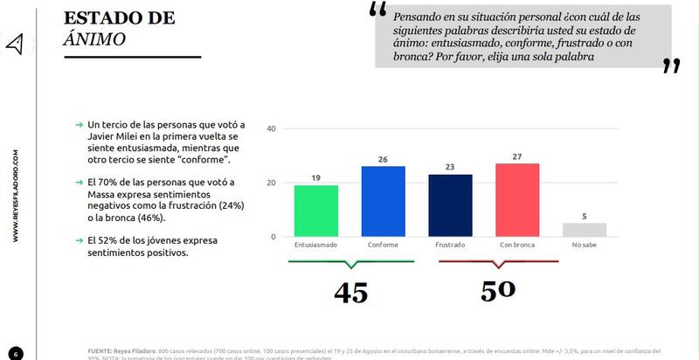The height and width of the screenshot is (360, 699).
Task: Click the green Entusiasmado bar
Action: (x=316, y=211)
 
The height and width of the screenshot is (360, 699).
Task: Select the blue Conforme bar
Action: (x=383, y=201)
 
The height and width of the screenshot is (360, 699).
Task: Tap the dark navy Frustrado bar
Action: (x=450, y=205)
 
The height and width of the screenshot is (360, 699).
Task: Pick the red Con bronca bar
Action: (x=517, y=200)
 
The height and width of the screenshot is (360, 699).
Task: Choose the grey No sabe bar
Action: (x=584, y=230)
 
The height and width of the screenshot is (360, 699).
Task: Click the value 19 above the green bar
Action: (x=316, y=178)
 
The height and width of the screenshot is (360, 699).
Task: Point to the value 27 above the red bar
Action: (x=517, y=156)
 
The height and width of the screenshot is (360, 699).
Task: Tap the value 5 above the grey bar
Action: (x=584, y=216)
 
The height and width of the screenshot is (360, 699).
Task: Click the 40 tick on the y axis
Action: (x=271, y=129)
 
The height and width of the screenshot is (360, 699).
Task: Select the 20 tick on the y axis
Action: (x=271, y=183)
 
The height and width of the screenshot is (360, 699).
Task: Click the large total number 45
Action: (x=349, y=291)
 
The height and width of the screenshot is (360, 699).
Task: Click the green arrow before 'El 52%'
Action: (x=79, y=239)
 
